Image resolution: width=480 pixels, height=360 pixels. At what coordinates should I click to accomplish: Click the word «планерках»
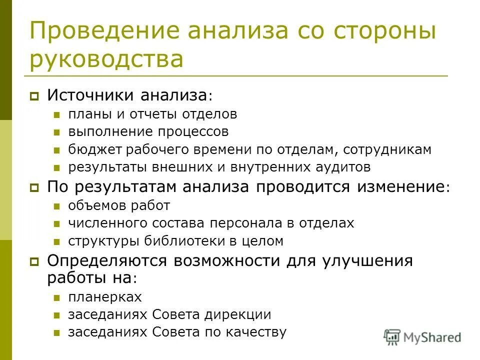click(105, 297)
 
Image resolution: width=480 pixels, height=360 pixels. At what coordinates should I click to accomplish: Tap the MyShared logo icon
click(392, 336)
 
